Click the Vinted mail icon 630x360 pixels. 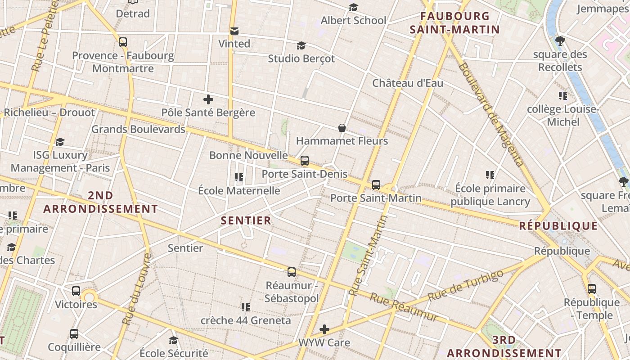click(234, 31)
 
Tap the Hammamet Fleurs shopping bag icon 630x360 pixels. click(342, 128)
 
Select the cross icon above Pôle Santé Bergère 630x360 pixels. click(208, 99)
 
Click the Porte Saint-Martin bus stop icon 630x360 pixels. click(376, 185)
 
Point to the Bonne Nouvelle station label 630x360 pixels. click(248, 155)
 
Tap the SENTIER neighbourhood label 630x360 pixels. click(246, 220)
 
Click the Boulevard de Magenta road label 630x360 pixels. click(490, 115)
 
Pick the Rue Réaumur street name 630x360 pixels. click(404, 308)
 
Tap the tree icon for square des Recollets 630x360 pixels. click(560, 41)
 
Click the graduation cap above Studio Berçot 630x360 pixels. click(301, 46)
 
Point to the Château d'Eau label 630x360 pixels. click(408, 83)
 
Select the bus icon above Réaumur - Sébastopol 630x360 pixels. click(292, 272)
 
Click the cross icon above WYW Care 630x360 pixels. click(324, 329)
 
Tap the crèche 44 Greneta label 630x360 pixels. click(246, 321)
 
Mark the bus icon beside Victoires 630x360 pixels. click(76, 291)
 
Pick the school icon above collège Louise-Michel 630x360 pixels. click(562, 96)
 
